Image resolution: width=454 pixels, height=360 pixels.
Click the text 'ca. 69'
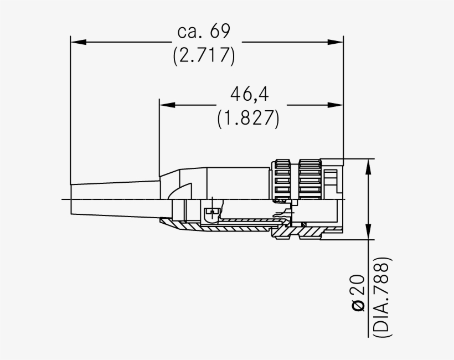[203, 32]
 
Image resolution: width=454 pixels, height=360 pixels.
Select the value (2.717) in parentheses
[203, 56]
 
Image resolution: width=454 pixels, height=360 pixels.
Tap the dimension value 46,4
[249, 94]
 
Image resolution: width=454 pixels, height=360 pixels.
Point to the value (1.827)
[247, 118]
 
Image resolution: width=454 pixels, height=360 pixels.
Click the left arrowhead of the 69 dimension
[77, 42]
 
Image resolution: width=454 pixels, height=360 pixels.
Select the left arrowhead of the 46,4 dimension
[166, 104]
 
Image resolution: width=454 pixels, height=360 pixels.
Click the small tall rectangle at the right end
[331, 180]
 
